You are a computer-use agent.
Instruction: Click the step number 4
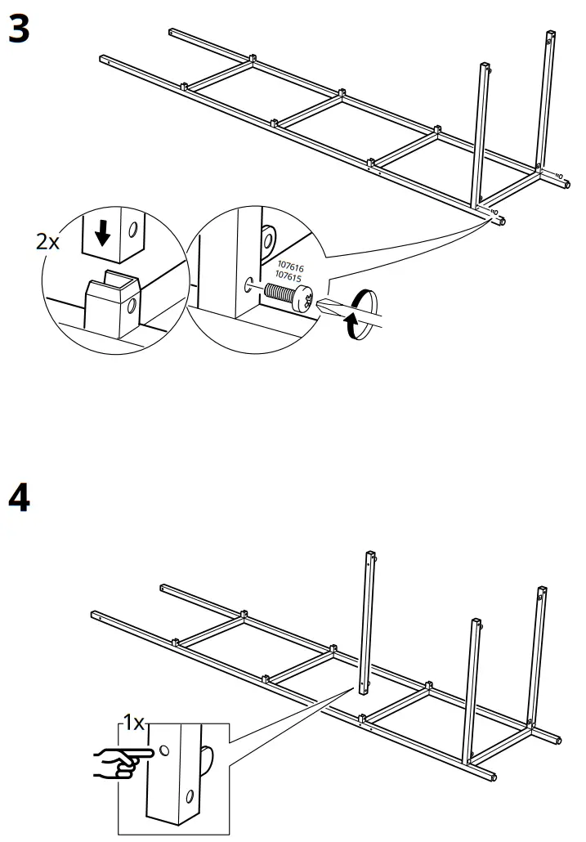18,498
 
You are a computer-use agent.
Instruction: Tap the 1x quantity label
132,723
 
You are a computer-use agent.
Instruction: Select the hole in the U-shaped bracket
128,307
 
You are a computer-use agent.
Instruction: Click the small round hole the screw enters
249,285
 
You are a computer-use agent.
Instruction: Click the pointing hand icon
121,761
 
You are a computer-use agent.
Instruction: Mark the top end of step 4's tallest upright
369,554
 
